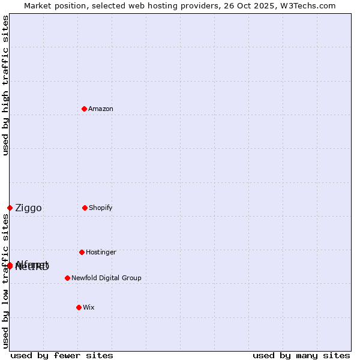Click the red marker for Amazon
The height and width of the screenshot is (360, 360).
point(84,109)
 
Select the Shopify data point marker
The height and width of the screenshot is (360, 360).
point(85,208)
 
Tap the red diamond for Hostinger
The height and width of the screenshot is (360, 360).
point(82,252)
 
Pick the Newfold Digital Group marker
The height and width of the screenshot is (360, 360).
point(67,278)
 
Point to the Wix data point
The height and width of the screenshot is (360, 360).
point(79,307)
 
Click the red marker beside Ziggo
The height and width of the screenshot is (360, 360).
point(10,208)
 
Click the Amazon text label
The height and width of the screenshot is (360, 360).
point(100,109)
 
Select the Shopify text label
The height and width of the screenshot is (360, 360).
point(100,208)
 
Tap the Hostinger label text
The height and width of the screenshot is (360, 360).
point(101,252)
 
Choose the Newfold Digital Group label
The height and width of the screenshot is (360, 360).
point(106,278)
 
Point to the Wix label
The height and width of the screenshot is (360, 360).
point(88,307)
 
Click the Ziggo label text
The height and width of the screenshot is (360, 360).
point(28,208)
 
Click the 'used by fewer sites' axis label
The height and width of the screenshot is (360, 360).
point(62,355)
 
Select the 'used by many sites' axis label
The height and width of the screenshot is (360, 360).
point(301,355)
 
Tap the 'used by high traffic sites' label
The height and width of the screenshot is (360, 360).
point(5,85)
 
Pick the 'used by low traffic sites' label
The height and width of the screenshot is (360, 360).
point(5,281)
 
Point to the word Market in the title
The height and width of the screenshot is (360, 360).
point(40,5)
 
